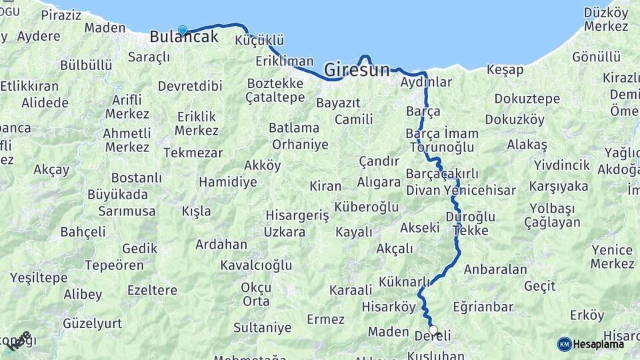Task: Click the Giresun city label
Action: [357, 69]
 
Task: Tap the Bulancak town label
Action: [184, 37]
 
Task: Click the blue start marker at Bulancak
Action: [182, 29]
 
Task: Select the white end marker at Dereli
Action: [433, 330]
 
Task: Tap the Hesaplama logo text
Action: [599, 344]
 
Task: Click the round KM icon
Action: [564, 344]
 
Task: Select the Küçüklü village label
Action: [259, 41]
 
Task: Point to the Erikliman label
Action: [284, 61]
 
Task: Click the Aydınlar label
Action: [426, 83]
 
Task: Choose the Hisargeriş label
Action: [297, 215]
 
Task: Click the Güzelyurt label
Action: [93, 323]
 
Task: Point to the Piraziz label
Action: [61, 15]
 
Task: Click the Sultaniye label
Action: [262, 327]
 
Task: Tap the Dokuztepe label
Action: [527, 99]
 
